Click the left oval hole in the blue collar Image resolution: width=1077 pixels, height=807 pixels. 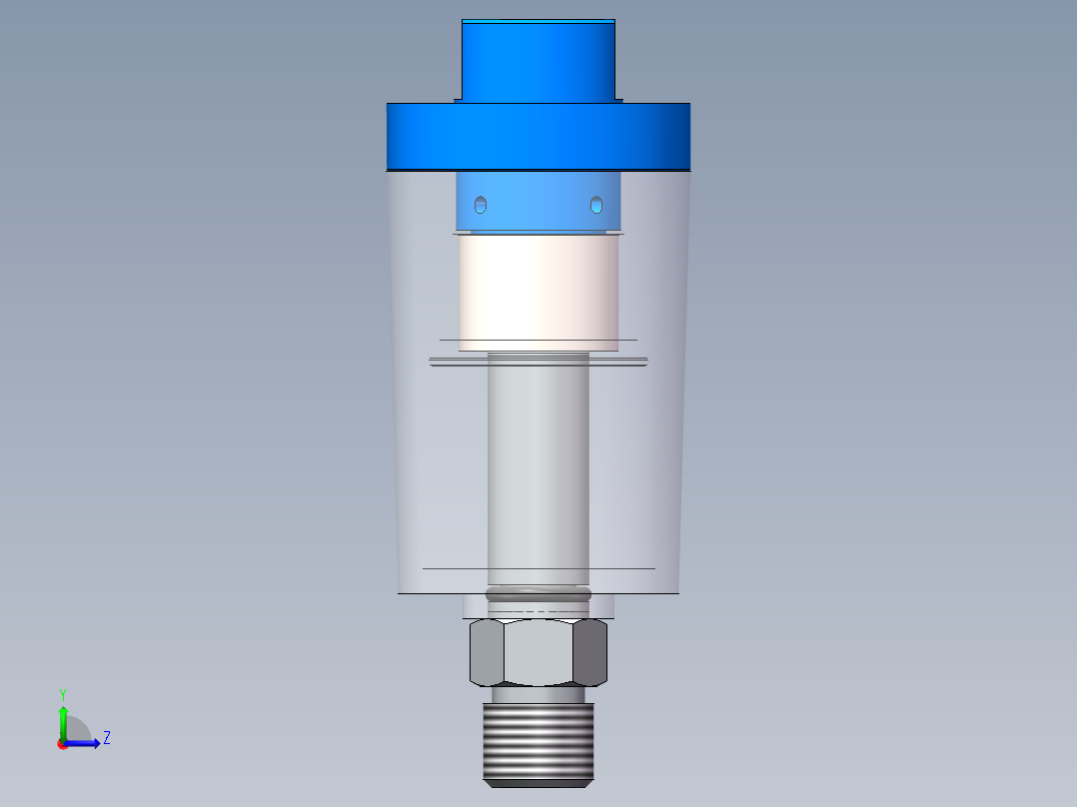(481, 205)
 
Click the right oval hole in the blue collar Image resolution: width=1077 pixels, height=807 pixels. (596, 205)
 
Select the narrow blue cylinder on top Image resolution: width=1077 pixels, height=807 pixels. (538, 60)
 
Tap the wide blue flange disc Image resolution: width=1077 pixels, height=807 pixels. (538, 136)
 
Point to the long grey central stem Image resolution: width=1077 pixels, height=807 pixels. (538, 469)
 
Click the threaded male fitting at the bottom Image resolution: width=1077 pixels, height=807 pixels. (538, 744)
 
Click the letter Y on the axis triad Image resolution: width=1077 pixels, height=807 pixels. (62, 693)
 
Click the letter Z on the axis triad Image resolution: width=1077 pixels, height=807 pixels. (106, 738)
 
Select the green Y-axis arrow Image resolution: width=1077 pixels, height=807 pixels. (63, 719)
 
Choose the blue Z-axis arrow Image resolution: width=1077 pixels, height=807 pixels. (85, 743)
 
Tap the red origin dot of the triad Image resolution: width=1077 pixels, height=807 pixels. (62, 744)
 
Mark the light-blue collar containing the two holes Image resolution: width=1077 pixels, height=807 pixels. (538, 200)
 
